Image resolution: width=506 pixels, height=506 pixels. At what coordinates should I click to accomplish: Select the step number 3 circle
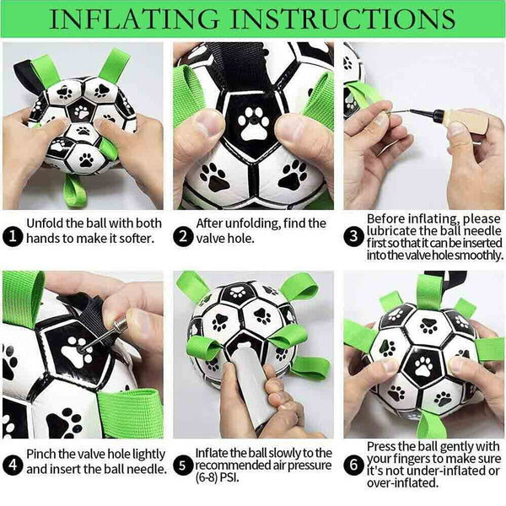353,237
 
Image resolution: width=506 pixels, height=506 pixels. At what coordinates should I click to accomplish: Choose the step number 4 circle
13,465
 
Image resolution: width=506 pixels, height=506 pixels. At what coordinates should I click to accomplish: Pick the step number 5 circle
183,466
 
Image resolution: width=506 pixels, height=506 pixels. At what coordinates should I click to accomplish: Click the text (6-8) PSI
218,478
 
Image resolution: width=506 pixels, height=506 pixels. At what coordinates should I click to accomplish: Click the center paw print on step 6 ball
423,366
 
